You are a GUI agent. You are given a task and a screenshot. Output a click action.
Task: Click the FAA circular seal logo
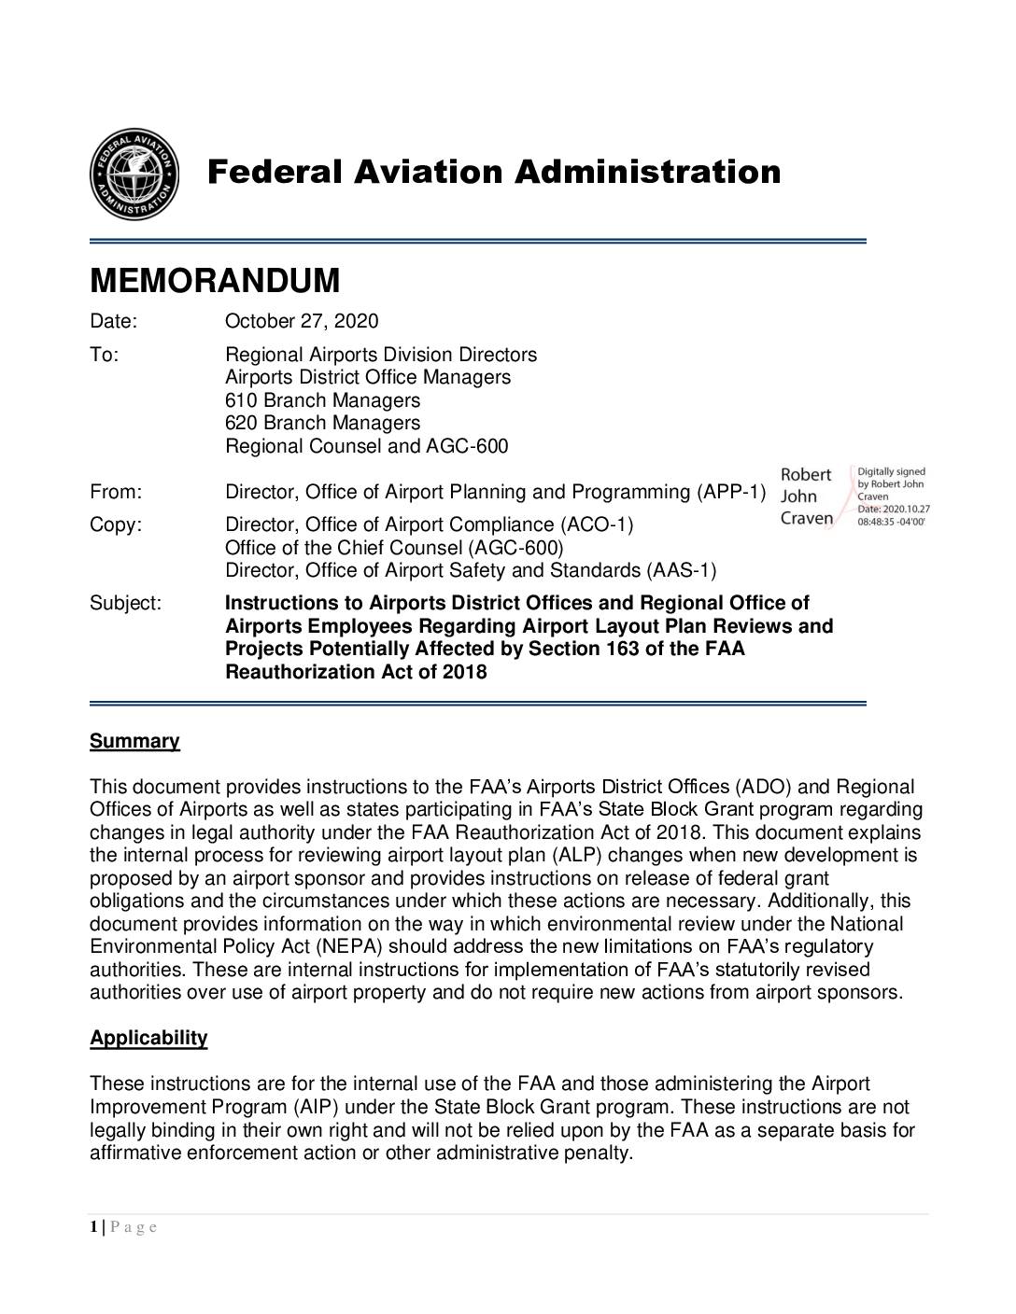click(134, 175)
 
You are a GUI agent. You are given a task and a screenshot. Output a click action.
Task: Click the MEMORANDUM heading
click(215, 281)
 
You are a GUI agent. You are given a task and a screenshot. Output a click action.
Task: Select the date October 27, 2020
click(302, 322)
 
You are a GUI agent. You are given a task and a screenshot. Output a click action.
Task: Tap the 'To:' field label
click(104, 356)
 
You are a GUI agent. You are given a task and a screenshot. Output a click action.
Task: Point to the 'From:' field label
click(116, 492)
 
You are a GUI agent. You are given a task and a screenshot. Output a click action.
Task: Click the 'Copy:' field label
click(116, 524)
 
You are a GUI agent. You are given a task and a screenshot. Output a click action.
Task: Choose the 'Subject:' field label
click(125, 604)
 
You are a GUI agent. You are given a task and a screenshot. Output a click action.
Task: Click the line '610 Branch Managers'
click(322, 401)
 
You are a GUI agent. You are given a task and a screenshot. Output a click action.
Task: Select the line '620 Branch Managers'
click(322, 424)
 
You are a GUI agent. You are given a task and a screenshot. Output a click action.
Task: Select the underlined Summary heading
click(134, 742)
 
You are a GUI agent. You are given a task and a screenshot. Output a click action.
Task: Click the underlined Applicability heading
click(148, 1039)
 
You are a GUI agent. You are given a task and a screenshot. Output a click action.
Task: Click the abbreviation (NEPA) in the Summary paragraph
click(345, 947)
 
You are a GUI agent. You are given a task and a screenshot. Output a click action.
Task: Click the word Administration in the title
click(648, 173)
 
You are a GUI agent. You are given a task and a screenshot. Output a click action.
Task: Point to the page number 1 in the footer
click(93, 1227)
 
